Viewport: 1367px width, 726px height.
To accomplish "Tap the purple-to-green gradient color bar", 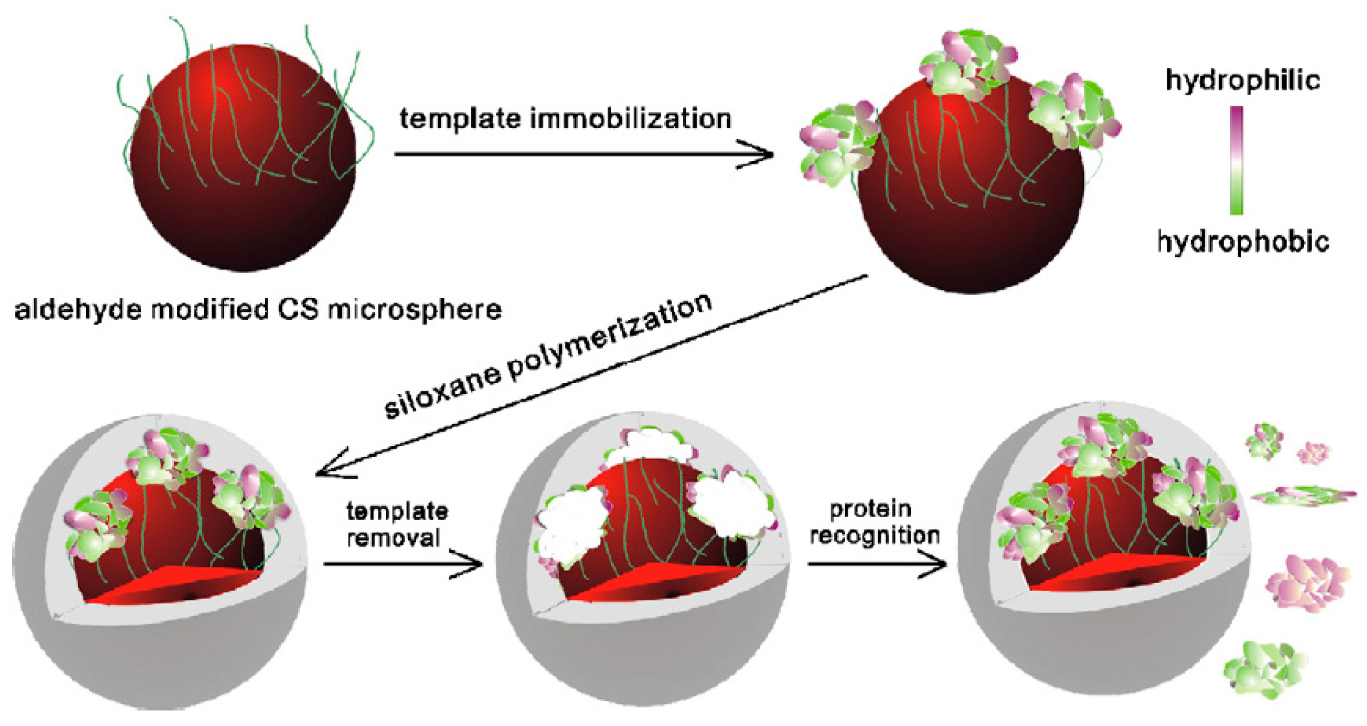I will pyautogui.click(x=1237, y=160).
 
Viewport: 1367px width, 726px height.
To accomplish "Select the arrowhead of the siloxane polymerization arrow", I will pyautogui.click(x=326, y=470).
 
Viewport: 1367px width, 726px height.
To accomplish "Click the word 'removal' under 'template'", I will pyautogui.click(x=393, y=538).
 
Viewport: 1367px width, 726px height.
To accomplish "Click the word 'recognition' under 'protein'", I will pyautogui.click(x=875, y=535).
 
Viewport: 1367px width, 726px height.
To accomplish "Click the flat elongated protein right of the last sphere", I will pyautogui.click(x=1303, y=495).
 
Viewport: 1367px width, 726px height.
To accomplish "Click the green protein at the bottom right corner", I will pyautogui.click(x=1264, y=669).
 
